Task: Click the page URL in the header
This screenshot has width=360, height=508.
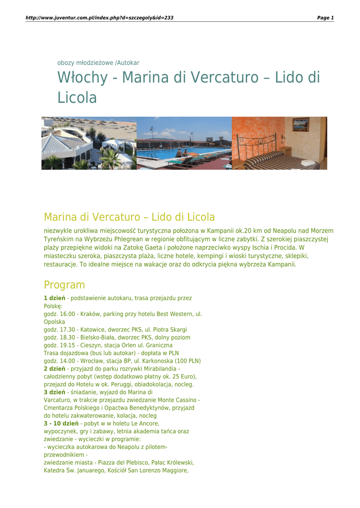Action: point(99,18)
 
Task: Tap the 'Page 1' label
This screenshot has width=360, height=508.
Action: point(325,18)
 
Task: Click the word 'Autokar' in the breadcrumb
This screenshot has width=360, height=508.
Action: point(128,63)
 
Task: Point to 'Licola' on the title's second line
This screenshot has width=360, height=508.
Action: point(77,98)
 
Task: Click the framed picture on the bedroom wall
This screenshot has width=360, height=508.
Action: point(300,125)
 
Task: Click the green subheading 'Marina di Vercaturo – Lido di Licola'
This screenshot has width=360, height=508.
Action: point(129,217)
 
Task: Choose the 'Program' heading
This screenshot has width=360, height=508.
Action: point(64,285)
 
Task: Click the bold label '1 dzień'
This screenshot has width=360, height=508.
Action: point(55,298)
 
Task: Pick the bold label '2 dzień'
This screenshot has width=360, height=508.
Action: point(55,369)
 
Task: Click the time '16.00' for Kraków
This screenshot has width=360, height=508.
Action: point(67,315)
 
